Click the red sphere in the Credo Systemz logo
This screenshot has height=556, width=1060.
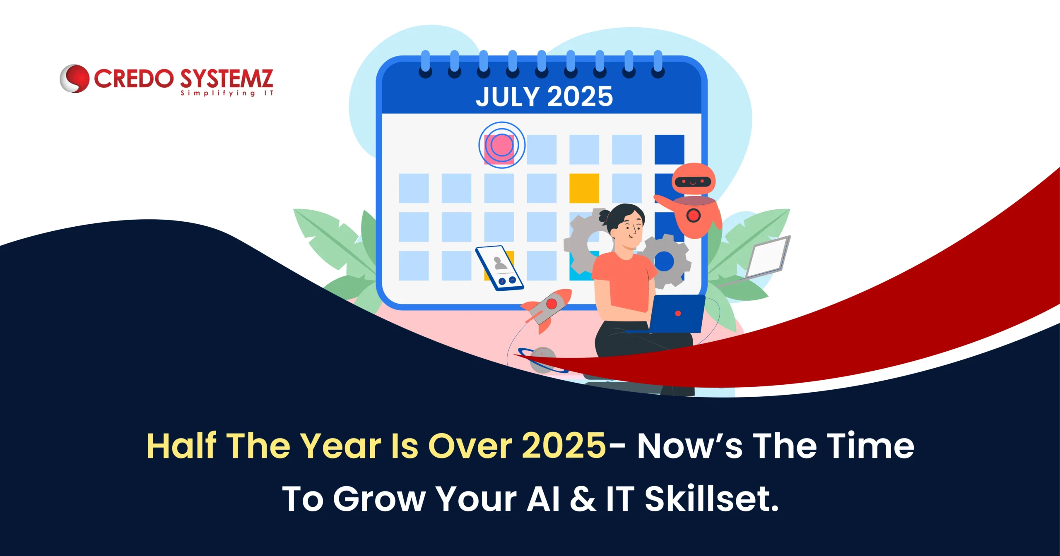(75, 78)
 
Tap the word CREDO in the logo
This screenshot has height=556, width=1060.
(134, 79)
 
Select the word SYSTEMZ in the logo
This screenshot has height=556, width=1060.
(226, 79)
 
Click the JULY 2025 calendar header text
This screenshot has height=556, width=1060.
(544, 96)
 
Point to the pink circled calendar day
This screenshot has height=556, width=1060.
(502, 145)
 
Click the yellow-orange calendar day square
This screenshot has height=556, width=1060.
(584, 188)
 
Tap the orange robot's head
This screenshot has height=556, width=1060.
(693, 179)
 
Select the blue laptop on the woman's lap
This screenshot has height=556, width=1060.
(676, 314)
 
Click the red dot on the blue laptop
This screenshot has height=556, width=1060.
(678, 314)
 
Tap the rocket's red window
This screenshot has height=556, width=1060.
(551, 304)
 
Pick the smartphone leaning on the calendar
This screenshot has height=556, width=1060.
(499, 268)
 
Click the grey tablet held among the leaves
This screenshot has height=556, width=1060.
(768, 256)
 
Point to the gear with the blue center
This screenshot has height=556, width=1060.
(664, 261)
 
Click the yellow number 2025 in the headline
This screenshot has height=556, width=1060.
(564, 446)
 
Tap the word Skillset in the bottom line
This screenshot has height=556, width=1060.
(711, 498)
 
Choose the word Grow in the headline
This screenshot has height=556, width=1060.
(378, 499)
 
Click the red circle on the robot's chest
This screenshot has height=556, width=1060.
(693, 215)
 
